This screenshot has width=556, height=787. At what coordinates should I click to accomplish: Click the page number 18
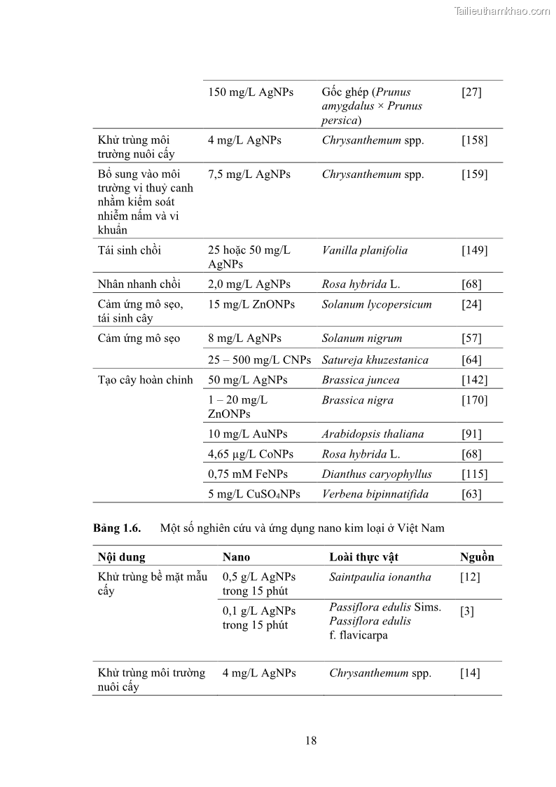(311, 741)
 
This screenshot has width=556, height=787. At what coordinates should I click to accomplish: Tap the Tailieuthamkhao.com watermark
(502, 11)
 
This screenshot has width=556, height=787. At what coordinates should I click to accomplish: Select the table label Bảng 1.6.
(117, 528)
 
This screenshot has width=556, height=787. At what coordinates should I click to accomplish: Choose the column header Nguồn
(477, 557)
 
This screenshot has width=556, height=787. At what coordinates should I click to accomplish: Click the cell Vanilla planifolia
(364, 250)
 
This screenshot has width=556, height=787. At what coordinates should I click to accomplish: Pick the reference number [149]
(474, 250)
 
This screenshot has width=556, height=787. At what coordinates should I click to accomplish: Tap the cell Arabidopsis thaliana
(373, 434)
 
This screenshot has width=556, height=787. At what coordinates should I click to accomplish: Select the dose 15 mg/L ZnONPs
(251, 304)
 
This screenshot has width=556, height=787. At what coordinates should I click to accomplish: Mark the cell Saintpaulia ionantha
(380, 577)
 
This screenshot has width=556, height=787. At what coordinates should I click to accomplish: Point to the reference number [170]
(474, 400)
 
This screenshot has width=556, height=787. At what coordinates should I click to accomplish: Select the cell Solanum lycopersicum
(377, 304)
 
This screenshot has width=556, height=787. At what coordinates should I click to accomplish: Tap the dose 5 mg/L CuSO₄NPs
(253, 494)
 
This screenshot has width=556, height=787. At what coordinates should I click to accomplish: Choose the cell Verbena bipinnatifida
(375, 494)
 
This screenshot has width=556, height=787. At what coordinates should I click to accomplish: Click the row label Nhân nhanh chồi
(139, 284)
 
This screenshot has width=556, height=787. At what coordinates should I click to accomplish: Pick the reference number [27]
(471, 92)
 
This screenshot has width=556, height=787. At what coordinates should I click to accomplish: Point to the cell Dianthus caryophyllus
(377, 474)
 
